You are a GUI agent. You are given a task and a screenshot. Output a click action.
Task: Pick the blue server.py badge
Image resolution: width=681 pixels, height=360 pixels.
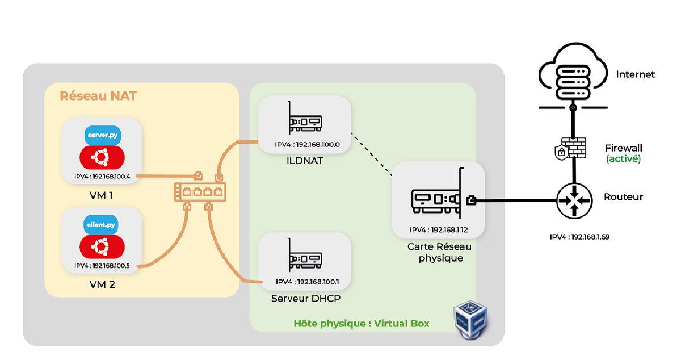[x=102, y=136]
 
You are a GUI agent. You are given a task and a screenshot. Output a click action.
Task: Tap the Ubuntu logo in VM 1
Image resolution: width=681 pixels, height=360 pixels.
[x=102, y=157]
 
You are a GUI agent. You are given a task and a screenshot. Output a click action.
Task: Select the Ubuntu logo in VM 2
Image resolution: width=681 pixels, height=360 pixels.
[x=102, y=246]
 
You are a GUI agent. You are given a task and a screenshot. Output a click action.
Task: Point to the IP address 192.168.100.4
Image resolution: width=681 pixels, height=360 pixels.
[x=102, y=176]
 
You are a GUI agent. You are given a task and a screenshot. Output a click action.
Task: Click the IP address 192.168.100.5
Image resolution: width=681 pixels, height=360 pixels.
[x=102, y=265]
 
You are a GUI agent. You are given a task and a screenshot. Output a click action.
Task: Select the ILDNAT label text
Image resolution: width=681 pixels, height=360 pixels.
[x=304, y=161]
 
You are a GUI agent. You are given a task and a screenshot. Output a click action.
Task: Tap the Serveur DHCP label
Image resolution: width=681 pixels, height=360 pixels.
[x=306, y=298]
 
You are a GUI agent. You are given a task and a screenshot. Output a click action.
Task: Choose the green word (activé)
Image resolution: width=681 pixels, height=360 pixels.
[x=623, y=159]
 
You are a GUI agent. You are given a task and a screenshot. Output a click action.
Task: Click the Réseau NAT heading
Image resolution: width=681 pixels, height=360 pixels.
[x=98, y=95]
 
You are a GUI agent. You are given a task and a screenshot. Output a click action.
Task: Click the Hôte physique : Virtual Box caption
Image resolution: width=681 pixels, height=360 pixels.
[x=361, y=323]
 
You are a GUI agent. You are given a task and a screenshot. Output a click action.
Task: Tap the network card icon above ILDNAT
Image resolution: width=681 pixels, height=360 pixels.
[x=304, y=120]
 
